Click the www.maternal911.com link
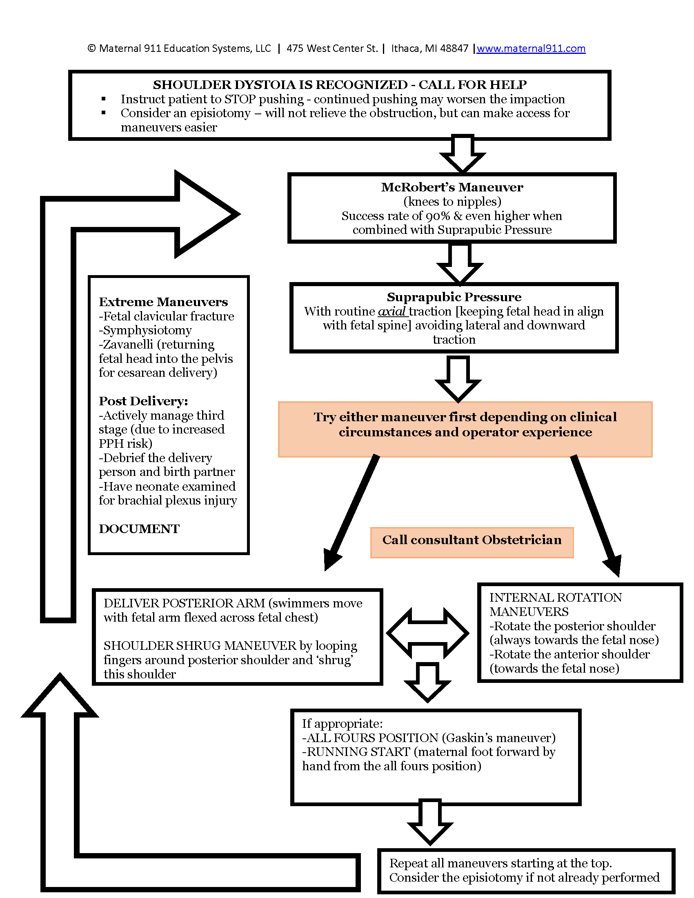531,49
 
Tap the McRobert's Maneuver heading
452,187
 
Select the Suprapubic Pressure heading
454,297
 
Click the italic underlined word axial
392,311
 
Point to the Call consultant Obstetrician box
472,540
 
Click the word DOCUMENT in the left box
139,529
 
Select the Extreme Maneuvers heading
163,302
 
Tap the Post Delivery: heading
143,401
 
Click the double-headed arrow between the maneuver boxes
427,633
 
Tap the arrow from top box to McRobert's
463,153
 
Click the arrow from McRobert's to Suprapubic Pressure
460,263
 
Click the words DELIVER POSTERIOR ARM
184,603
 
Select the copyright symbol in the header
91,49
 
